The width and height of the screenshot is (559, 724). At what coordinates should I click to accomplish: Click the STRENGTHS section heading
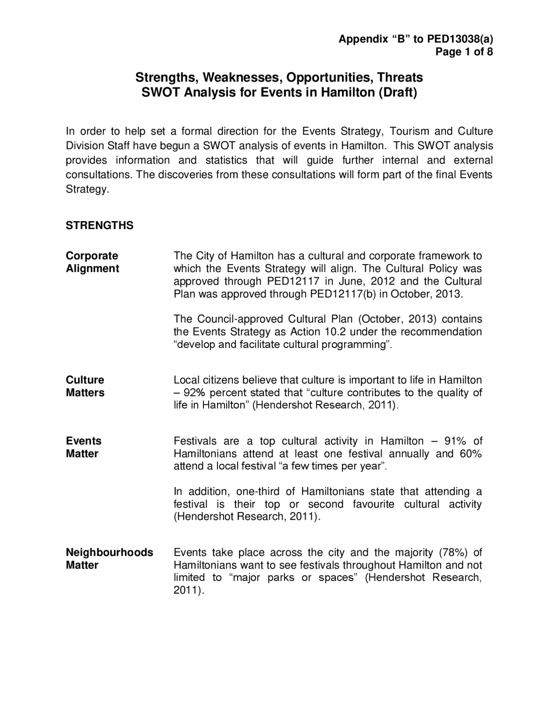(x=100, y=226)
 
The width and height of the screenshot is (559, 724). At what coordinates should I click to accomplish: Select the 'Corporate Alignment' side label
(x=92, y=262)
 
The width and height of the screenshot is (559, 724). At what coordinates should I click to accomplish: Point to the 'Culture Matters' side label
(x=85, y=386)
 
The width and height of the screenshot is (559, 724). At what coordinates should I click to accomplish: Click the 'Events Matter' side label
(x=83, y=447)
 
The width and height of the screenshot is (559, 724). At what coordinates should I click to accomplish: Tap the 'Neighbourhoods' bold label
(x=109, y=552)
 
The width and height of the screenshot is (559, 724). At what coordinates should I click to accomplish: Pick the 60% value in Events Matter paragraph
(x=470, y=453)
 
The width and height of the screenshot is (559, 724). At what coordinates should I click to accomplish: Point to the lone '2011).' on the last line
(x=189, y=590)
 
